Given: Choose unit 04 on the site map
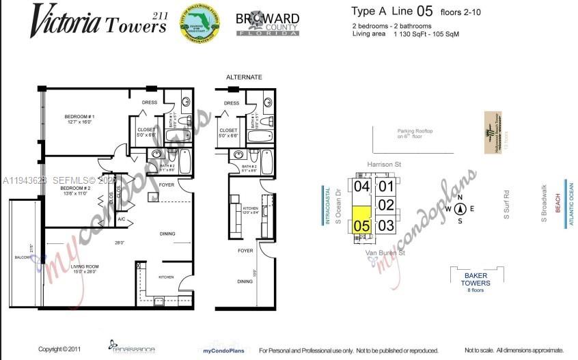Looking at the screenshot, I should point(361,186).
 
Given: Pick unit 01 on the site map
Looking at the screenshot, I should point(387,186).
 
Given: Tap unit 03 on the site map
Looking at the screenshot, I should point(387,225).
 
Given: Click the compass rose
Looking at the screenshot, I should point(460,209).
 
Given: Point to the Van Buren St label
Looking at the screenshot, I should point(386,252).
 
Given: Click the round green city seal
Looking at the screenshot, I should point(199,25).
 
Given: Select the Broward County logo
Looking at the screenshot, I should point(267,25).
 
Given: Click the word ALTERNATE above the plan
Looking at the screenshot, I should point(244,77).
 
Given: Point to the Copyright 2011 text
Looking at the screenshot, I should point(59,349).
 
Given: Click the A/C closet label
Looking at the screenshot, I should point(121,219).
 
